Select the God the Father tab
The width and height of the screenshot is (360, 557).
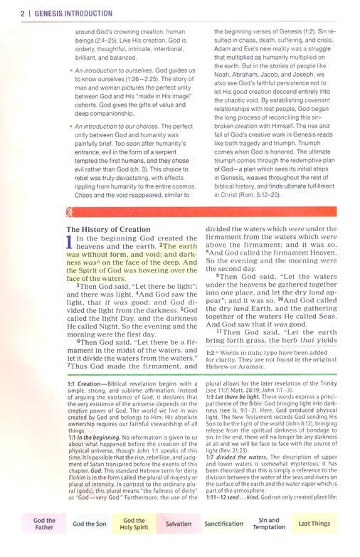tap(44, 524)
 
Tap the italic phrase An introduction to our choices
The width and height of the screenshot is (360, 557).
tap(115, 126)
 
